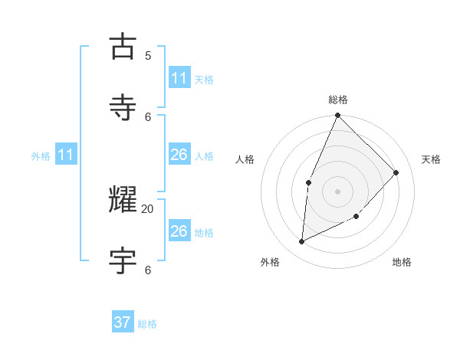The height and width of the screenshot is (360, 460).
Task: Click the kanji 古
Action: (123, 47)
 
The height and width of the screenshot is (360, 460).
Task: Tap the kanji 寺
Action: (123, 108)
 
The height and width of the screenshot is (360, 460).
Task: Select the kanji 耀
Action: (123, 200)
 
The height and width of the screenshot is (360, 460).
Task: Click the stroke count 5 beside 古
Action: (148, 55)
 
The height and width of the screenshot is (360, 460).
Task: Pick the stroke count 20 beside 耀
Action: (148, 208)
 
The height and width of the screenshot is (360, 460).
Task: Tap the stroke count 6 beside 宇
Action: (148, 270)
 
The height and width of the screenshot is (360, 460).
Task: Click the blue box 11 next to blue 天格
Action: (179, 78)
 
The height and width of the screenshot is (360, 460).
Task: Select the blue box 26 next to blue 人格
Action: (179, 155)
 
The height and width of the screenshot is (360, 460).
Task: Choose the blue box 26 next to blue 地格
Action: (179, 231)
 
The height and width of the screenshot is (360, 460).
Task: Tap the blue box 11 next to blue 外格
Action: (65, 155)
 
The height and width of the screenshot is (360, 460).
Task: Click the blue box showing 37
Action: (123, 322)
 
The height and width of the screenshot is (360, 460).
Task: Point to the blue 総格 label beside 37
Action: (147, 324)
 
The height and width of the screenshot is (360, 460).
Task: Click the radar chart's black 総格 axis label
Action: (338, 100)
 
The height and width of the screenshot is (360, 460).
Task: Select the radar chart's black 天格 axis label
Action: (431, 159)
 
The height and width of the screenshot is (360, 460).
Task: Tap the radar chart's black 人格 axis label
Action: (245, 159)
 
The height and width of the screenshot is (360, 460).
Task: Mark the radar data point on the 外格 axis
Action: (302, 242)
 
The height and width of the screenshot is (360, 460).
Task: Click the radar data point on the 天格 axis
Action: (396, 172)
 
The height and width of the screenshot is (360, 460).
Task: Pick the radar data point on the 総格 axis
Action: (337, 116)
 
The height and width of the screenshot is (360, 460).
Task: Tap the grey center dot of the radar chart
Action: (337, 191)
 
